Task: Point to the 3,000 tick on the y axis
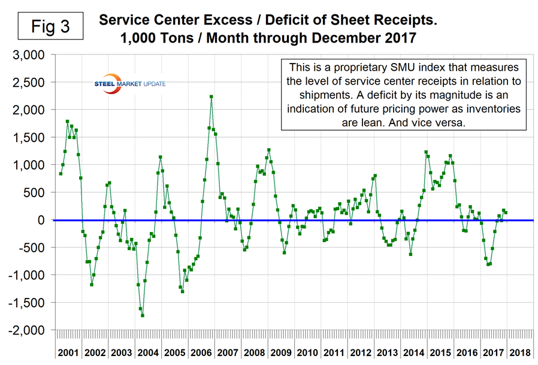click(29, 55)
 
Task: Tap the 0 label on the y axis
click(41, 221)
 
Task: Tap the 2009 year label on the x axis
click(280, 352)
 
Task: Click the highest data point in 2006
click(211, 96)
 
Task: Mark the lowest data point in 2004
click(143, 315)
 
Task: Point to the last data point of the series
click(506, 213)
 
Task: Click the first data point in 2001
click(61, 174)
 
